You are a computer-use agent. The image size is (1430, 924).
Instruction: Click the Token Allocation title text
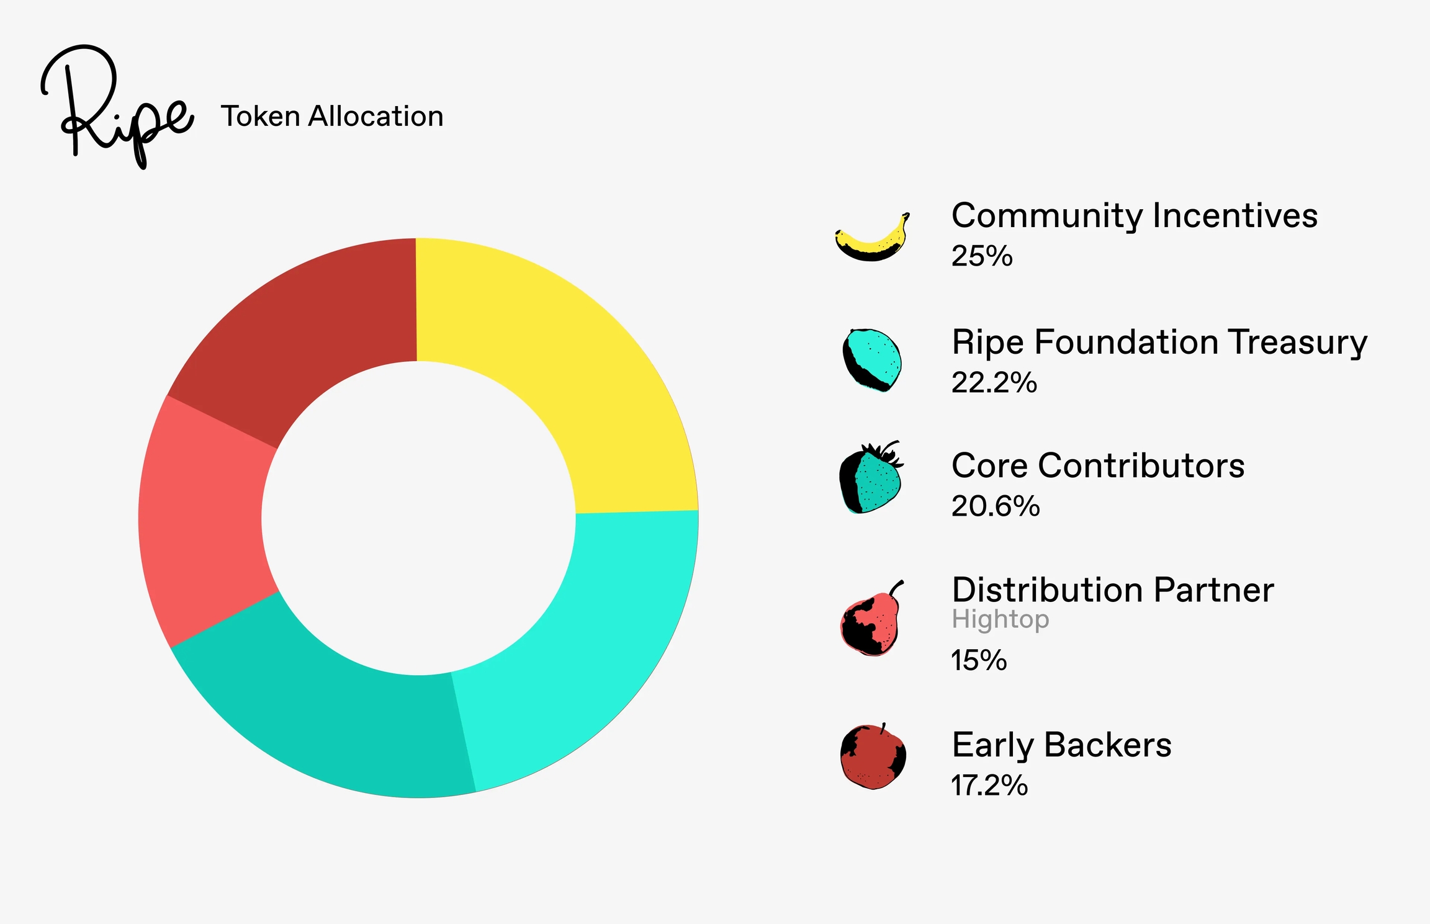click(332, 116)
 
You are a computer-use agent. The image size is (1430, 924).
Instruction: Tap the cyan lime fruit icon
click(871, 361)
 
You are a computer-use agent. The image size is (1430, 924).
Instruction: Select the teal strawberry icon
click(871, 477)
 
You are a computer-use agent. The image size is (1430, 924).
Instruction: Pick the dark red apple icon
click(873, 756)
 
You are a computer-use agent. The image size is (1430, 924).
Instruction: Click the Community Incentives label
click(1135, 217)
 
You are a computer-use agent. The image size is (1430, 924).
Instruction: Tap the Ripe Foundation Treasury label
click(1159, 343)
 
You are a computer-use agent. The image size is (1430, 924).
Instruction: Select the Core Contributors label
click(1098, 465)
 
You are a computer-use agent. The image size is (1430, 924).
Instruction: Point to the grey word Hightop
click(1001, 619)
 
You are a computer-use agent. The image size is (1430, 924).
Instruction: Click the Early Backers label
click(1062, 745)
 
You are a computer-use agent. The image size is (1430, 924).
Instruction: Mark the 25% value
click(982, 256)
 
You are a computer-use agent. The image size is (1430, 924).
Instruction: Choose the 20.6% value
click(996, 506)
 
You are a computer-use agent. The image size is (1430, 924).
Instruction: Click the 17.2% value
click(989, 785)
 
